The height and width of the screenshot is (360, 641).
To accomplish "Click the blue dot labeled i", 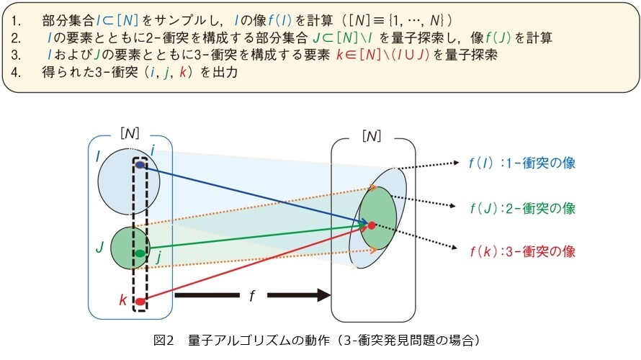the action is pos(140,165).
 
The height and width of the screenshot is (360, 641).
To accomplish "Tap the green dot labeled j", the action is pos(140,253).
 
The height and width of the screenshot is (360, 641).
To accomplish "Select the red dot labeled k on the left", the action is pos(140,302).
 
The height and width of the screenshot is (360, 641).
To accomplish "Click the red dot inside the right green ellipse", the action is pos(372,225).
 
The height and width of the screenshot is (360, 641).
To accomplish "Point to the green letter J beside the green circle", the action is pos(99,247).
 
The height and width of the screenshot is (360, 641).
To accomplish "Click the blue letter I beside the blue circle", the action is pos(98,156).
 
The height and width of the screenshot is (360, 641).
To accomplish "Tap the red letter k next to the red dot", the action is pos(123,300).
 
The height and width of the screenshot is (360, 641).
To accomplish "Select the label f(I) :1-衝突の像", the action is pos(522,163).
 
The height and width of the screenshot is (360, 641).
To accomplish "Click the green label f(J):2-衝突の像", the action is pos(523,208).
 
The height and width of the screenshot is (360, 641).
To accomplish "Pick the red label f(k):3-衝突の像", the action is pos(523,251).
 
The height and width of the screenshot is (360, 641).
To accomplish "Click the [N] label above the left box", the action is pos(130,133).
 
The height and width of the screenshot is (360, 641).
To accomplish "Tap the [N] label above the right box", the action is pos(372,135).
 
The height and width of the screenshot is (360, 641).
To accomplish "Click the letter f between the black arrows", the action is pos(252,295).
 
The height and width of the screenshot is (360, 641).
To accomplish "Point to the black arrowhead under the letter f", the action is pos(324,295).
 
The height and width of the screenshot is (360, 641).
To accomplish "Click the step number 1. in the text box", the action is pos(17,20).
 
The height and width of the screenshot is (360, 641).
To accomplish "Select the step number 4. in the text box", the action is pos(16,72).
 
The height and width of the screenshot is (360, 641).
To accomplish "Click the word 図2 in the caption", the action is pos(163,340).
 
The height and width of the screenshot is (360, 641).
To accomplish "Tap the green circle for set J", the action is pos(130,248).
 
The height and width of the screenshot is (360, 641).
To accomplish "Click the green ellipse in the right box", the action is pos(378,218).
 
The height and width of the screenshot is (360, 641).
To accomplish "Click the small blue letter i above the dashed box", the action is pos(153,150).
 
